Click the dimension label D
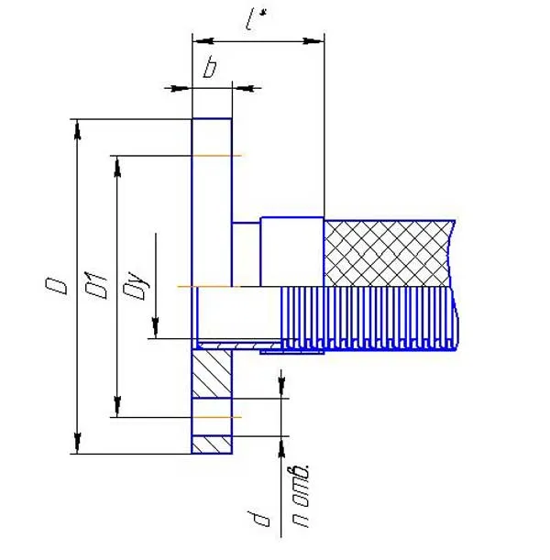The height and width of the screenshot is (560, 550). [x=57, y=287]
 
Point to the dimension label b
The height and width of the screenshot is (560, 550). [x=210, y=68]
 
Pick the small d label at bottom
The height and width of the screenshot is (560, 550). [x=259, y=519]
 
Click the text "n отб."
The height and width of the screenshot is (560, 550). [x=301, y=496]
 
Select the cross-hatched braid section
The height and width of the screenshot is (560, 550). [x=389, y=254]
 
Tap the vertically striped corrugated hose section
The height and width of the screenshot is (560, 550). [x=368, y=318]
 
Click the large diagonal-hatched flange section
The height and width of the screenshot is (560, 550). [x=212, y=374]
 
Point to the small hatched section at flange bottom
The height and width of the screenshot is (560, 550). [x=212, y=445]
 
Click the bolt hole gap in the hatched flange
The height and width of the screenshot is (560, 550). [x=212, y=417]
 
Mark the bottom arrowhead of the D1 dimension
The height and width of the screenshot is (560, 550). [x=117, y=406]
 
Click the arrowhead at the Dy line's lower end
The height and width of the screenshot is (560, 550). [x=155, y=328]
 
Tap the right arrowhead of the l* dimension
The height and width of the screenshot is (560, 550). [x=313, y=41]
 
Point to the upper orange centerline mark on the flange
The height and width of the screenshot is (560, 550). [x=216, y=156]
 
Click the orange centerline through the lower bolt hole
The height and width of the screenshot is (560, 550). [x=216, y=417]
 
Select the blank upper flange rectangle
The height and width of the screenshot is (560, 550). [x=212, y=203]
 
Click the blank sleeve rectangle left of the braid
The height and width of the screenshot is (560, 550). [x=292, y=252]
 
